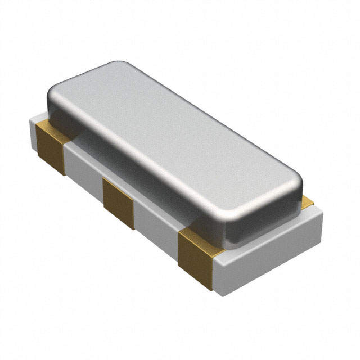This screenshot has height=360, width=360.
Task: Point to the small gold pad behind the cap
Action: click(308, 201)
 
